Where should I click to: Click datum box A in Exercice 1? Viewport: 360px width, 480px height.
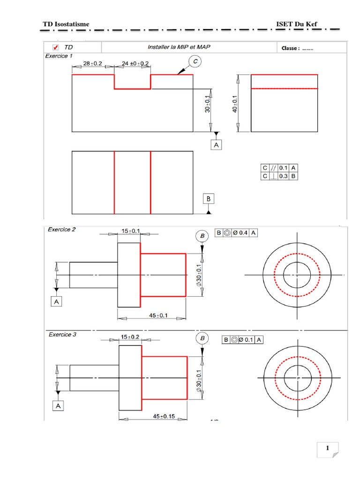click(x=216, y=146)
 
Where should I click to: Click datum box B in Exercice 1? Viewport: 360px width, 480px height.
click(x=209, y=199)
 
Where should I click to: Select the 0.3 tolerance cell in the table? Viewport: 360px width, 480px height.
click(x=283, y=176)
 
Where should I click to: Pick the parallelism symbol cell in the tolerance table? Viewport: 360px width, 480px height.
click(x=273, y=168)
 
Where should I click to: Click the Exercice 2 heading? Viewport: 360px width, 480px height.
click(x=61, y=230)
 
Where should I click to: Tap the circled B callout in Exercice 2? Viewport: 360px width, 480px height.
click(x=202, y=236)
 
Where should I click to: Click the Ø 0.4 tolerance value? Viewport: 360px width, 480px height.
click(x=240, y=232)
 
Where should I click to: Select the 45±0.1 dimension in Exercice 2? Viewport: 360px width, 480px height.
click(x=158, y=315)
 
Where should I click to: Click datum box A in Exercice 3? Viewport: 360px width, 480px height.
click(x=58, y=406)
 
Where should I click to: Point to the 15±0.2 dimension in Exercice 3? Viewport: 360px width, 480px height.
click(x=130, y=337)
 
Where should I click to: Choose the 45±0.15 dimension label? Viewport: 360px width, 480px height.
click(x=164, y=416)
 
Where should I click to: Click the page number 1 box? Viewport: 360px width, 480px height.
click(x=328, y=449)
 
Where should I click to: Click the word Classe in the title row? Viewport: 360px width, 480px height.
click(x=290, y=48)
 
